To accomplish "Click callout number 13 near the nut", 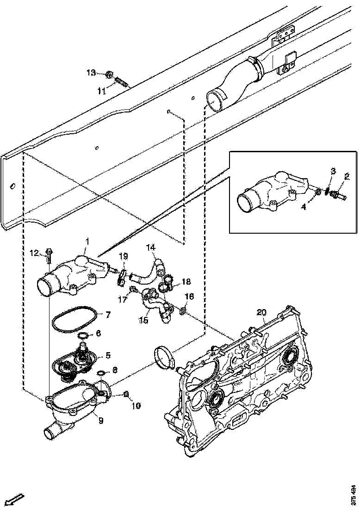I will [91, 72].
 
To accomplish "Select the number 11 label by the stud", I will [102, 91].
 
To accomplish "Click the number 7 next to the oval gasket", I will [108, 315].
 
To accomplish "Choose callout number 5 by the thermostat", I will [108, 355].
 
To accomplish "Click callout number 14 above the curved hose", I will [151, 248].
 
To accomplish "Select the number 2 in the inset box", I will [347, 176].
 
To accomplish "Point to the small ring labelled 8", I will [101, 373].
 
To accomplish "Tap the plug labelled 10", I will [125, 394].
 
